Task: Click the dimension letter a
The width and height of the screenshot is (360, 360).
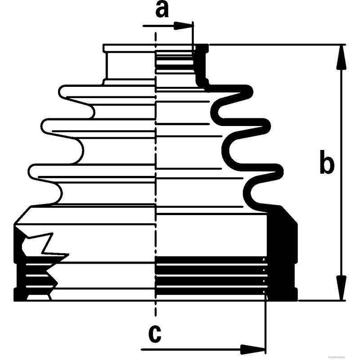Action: [x=162, y=9]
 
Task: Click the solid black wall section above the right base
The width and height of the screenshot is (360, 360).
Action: [x=281, y=234]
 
